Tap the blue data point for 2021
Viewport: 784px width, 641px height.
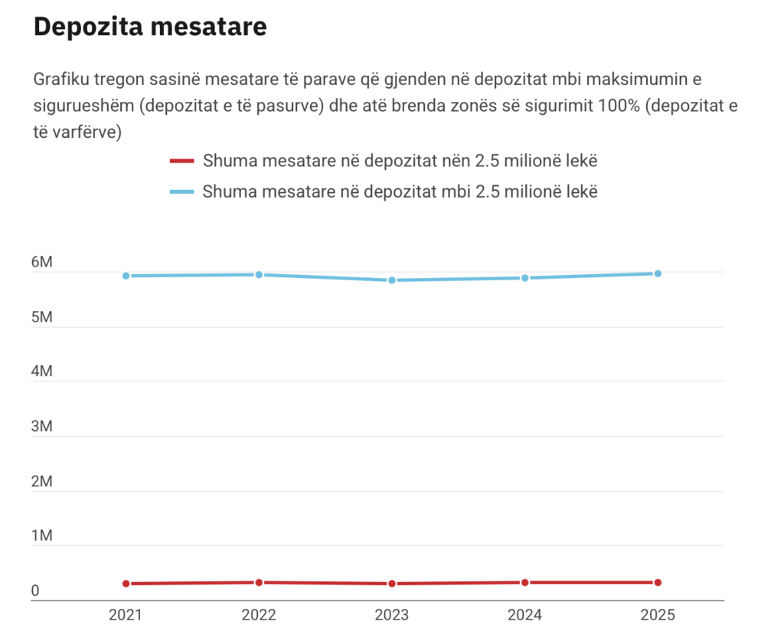pyautogui.click(x=126, y=276)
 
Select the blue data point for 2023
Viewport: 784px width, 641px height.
pyautogui.click(x=392, y=280)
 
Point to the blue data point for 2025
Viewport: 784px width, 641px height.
pyautogui.click(x=658, y=273)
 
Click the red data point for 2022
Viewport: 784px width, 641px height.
pyautogui.click(x=259, y=583)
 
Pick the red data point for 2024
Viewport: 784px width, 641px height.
pyautogui.click(x=524, y=583)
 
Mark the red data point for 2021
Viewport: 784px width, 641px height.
pyautogui.click(x=126, y=584)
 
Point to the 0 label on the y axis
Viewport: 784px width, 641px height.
pyautogui.click(x=35, y=591)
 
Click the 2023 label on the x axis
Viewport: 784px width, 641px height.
pyautogui.click(x=392, y=614)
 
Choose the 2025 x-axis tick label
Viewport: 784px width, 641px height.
pyautogui.click(x=658, y=614)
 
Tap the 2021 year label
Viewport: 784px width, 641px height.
pyautogui.click(x=126, y=614)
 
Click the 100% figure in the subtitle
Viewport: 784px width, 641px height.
pyautogui.click(x=617, y=106)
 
